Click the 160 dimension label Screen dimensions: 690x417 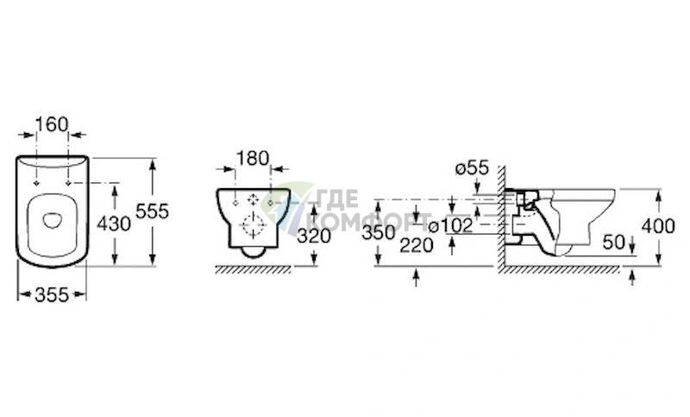pos(52,124)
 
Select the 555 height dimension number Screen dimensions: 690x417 pos(153,212)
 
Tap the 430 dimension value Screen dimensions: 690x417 pos(114,224)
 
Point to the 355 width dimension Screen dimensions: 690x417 pos(52,294)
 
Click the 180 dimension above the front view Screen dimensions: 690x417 pos(253,159)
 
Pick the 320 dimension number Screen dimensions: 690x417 pos(314,237)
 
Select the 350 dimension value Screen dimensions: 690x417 pos(379,233)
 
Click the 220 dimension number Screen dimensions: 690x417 pos(417,245)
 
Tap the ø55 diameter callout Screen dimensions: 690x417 pos(472,167)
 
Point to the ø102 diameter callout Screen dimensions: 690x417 pos(450,226)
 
